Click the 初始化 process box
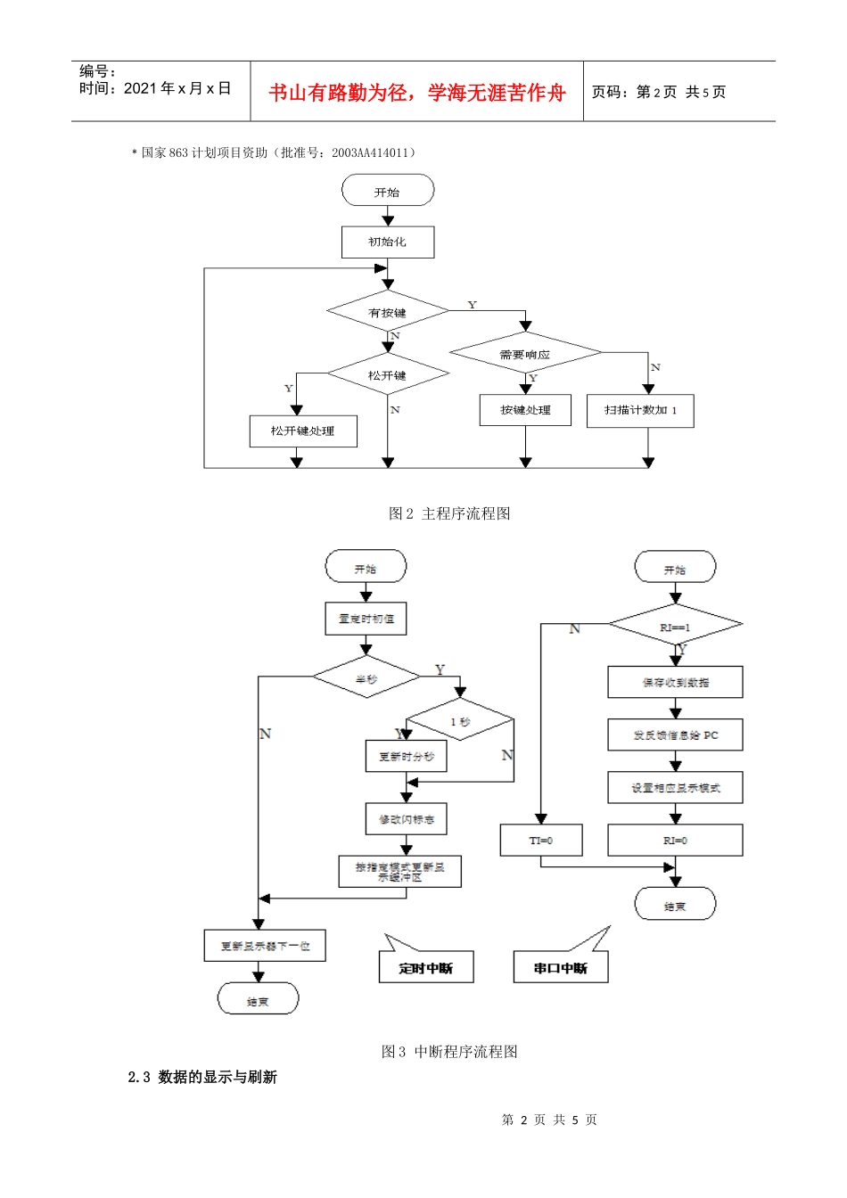388,242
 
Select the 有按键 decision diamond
388,312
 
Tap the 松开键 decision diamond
388,375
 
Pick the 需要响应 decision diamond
525,354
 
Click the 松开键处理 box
303,431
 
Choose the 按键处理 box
525,410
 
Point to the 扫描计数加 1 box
640,411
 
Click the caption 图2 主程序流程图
449,513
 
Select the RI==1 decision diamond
675,627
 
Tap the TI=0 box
541,841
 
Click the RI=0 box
675,841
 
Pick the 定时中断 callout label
425,968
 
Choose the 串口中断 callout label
561,968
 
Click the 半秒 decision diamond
366,678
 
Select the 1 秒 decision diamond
460,721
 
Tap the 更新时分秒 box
407,757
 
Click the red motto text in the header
417,93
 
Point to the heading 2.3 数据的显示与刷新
202,1077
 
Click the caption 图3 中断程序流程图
449,1052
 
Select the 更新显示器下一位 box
265,946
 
